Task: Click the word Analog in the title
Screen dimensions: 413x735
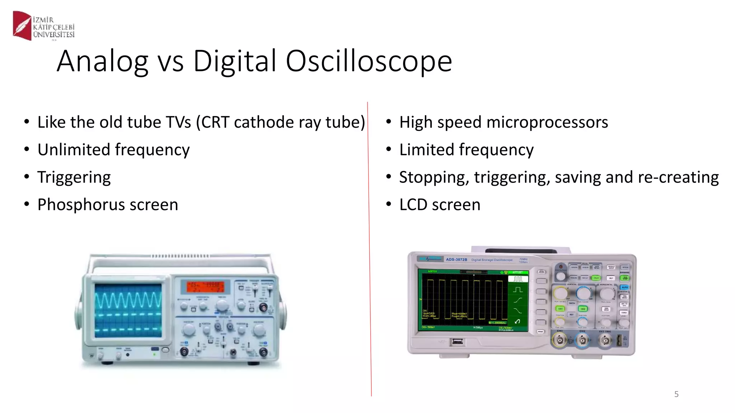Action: click(x=102, y=61)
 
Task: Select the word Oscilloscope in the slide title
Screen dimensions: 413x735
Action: click(x=369, y=61)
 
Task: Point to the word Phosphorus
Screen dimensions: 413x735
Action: click(x=81, y=205)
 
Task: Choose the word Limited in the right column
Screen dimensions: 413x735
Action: click(x=426, y=149)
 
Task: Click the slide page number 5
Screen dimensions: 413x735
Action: click(x=676, y=394)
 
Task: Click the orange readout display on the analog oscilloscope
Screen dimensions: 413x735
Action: click(x=205, y=287)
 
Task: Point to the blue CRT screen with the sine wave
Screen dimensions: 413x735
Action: click(x=128, y=310)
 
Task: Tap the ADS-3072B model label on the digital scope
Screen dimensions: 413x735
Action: click(x=456, y=260)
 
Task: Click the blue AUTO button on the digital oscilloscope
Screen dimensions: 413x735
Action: click(x=624, y=287)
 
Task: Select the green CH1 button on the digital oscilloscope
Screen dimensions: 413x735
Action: click(x=560, y=308)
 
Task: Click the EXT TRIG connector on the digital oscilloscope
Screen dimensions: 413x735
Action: click(x=605, y=340)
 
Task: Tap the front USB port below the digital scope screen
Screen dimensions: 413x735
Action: click(x=457, y=342)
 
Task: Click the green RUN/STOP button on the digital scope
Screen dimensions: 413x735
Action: click(x=625, y=278)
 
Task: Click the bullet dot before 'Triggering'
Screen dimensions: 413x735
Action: click(x=27, y=177)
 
